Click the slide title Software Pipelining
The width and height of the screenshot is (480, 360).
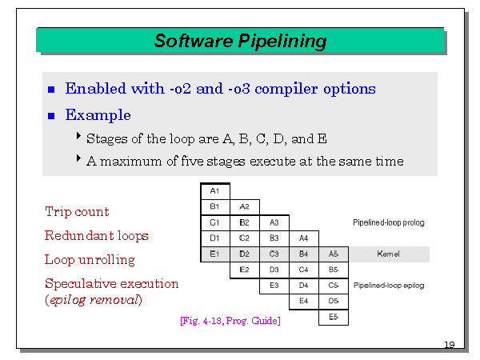(x=240, y=41)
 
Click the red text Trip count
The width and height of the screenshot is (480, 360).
(x=77, y=212)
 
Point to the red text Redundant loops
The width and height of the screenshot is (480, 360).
(x=97, y=236)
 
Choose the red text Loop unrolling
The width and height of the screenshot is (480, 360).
(x=90, y=260)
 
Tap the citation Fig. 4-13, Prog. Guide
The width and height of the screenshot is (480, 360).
(x=230, y=321)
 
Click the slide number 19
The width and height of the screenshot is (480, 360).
(x=450, y=345)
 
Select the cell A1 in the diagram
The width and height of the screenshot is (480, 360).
(x=214, y=191)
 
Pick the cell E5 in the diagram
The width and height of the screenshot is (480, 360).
(x=333, y=317)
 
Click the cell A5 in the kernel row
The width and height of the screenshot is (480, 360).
(x=333, y=254)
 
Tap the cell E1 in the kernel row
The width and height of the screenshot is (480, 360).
(x=214, y=254)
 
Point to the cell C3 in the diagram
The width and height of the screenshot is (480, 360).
(x=274, y=254)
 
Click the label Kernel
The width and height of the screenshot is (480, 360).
(x=390, y=254)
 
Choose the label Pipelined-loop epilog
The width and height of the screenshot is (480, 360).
(x=388, y=285)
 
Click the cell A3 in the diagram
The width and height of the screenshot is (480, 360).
(x=274, y=222)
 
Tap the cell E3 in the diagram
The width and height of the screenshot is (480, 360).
(x=274, y=285)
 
